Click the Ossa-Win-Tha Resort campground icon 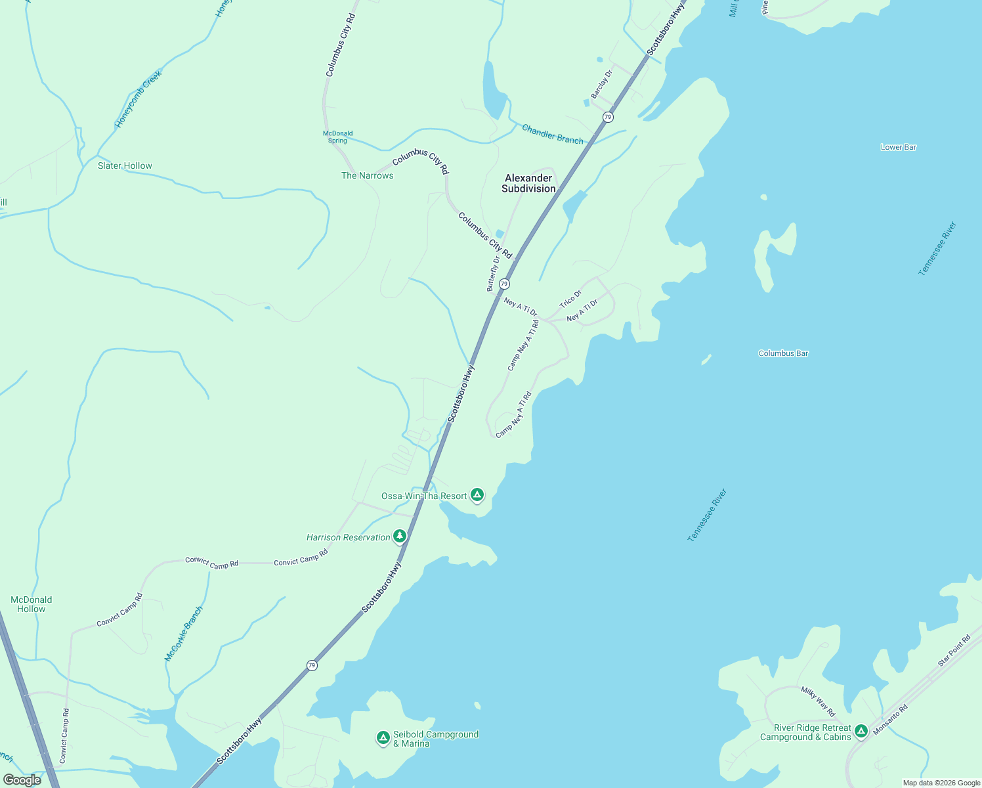(x=477, y=494)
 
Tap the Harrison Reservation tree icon (x=399, y=536)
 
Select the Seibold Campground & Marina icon (x=383, y=738)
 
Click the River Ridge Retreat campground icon (x=861, y=730)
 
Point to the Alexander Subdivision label (x=528, y=183)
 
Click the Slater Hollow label (x=125, y=165)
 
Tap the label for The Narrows (x=367, y=175)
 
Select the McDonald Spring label (x=338, y=137)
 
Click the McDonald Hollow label (x=32, y=604)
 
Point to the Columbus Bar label (x=783, y=353)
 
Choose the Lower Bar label (x=898, y=147)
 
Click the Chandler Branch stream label (x=552, y=135)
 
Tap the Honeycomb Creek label (x=139, y=99)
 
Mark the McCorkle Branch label (x=184, y=634)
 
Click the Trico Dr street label (x=570, y=299)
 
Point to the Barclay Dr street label (x=601, y=84)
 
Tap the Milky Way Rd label (x=818, y=701)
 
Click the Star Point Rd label (x=954, y=651)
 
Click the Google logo (x=22, y=779)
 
